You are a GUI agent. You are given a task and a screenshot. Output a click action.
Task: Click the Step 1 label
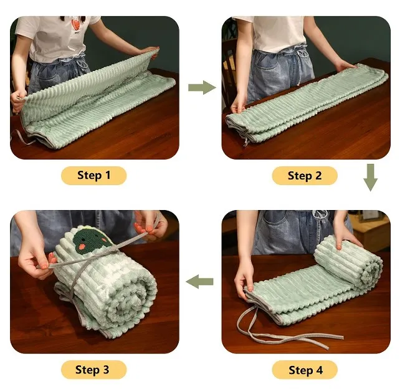[94, 176]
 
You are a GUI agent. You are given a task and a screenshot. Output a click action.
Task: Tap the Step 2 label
[305, 176]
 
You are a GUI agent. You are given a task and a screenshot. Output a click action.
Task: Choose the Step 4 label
[305, 370]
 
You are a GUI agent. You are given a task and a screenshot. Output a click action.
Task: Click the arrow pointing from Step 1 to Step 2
[202, 87]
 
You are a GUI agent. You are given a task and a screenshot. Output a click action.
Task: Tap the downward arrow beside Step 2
[371, 178]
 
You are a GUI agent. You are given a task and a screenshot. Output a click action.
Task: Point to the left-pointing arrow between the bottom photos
[200, 282]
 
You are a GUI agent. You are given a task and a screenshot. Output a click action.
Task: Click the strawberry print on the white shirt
[75, 25]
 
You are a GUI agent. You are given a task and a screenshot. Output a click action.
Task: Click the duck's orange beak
[82, 247]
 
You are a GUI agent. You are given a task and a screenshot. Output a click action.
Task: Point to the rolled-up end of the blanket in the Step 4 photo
[349, 258]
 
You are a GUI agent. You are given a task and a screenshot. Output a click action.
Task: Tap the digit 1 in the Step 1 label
[108, 175]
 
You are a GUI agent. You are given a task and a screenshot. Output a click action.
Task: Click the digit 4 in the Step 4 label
[319, 370]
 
